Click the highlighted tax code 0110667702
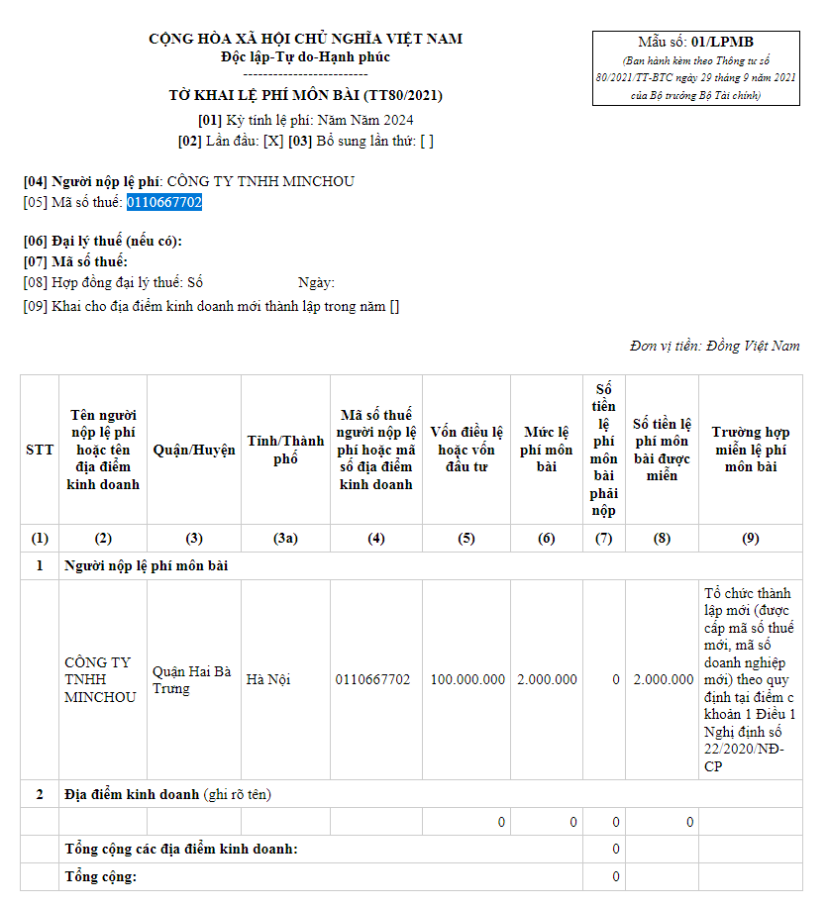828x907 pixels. coord(163,202)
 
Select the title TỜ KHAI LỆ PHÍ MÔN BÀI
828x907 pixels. coord(305,96)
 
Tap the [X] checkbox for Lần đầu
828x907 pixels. coord(273,141)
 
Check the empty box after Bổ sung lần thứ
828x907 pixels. coord(427,141)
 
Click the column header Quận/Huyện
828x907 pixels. coord(194,450)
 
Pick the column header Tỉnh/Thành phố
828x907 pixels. coord(285,450)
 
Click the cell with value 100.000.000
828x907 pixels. coord(467,679)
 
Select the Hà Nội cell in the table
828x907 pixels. coord(268,679)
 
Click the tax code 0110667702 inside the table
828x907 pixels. coord(372,679)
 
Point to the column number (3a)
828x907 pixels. coord(285,539)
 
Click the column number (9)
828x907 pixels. coord(751,539)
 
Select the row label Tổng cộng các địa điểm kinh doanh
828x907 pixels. coord(181,849)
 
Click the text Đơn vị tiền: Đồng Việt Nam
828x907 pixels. coord(714,346)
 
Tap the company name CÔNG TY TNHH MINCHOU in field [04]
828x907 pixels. coord(260,181)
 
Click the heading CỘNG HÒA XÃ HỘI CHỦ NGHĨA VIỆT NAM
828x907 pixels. coord(305,40)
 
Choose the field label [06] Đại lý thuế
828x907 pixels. coord(103,242)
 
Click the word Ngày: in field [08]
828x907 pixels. coord(316,283)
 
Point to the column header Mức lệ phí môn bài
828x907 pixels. coord(547,450)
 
